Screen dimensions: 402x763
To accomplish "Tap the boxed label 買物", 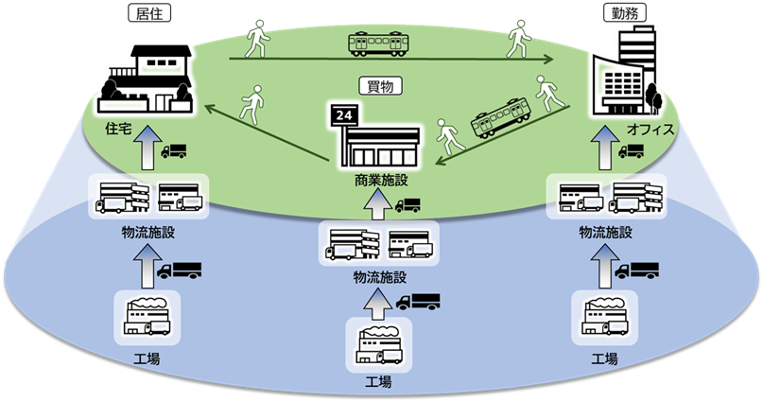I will tap(381, 84).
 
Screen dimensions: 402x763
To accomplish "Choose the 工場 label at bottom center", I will tap(379, 384).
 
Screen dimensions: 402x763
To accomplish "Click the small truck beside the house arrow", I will tap(174, 151).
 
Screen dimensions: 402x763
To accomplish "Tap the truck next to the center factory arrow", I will tap(418, 303).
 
